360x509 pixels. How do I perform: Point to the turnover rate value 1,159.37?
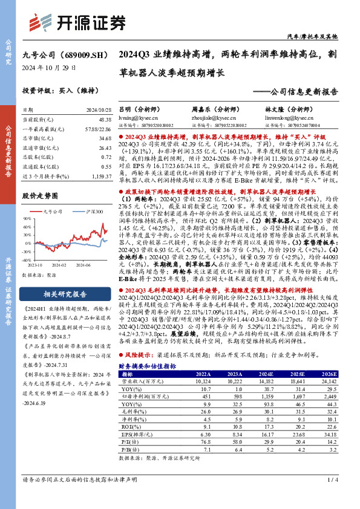click(100, 175)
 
